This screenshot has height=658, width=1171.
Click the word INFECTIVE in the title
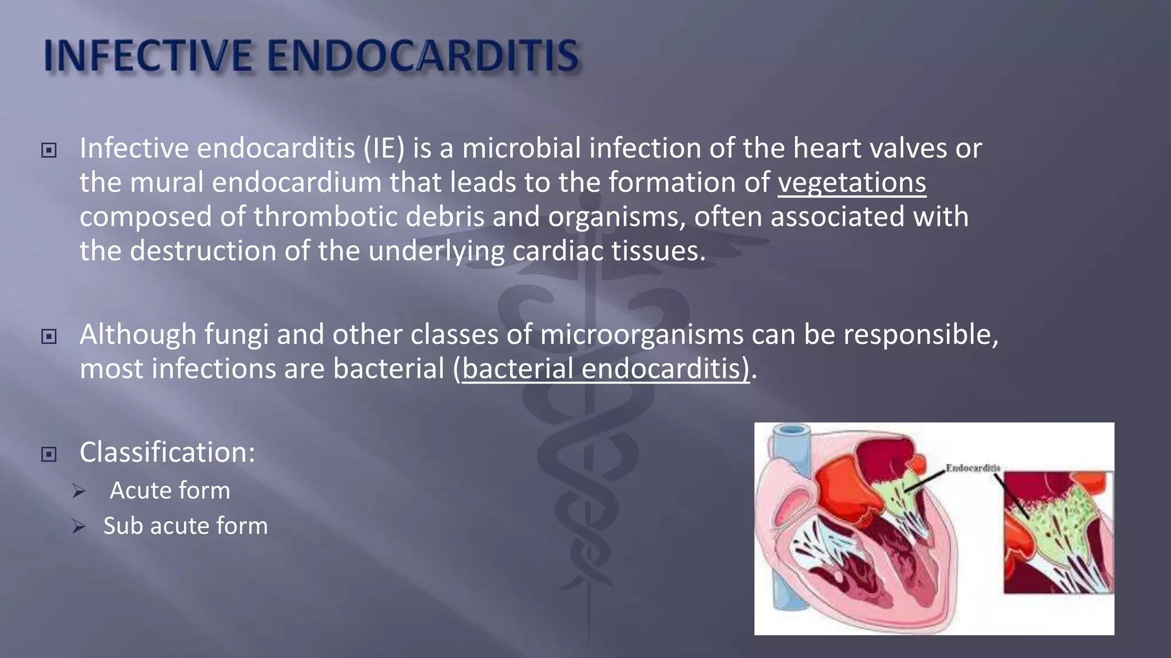point(148,56)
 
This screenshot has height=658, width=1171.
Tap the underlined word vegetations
point(851,183)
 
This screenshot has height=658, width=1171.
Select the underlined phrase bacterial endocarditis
point(605,368)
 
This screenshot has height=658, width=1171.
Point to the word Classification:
point(167,452)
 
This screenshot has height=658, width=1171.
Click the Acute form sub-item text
point(170,491)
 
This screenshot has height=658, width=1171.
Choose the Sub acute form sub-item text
point(185,526)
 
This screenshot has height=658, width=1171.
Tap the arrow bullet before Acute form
point(79,491)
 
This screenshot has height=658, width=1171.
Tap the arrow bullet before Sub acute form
point(79,527)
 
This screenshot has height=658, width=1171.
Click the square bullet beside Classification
point(49,455)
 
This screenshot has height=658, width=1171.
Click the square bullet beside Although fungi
point(49,336)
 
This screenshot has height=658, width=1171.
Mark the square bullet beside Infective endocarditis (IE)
point(49,150)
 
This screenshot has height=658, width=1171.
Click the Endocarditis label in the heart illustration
point(973,468)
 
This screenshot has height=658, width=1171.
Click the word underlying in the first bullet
point(436,252)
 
